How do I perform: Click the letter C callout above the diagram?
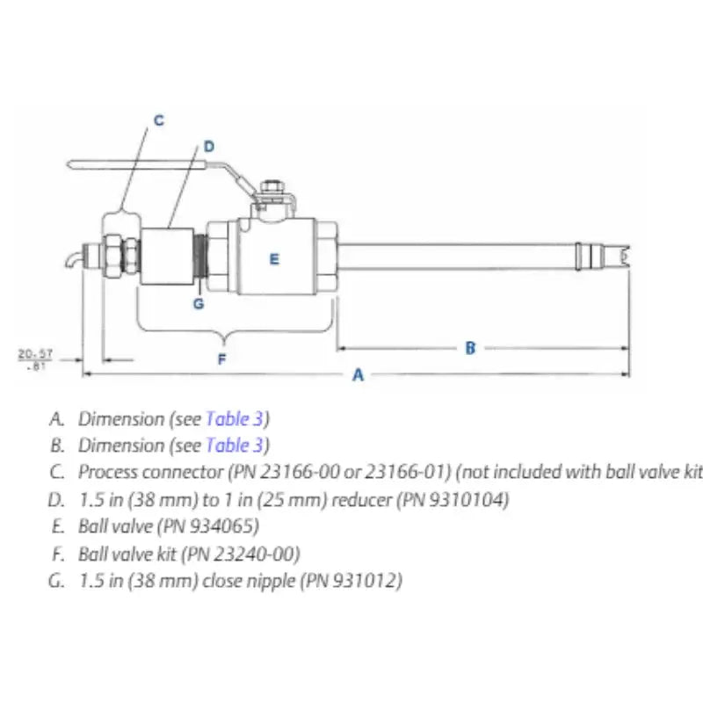point(158,120)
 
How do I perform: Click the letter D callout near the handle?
point(208,147)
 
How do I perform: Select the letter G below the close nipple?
point(199,304)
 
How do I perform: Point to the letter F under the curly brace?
point(221,359)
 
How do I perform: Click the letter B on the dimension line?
point(470,348)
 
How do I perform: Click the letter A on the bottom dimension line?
point(358,375)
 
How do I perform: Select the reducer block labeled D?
point(168,256)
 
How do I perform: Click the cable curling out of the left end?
point(73,258)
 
